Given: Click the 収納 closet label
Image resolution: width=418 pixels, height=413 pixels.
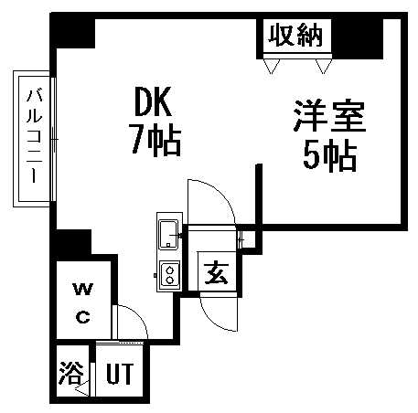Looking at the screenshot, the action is tap(295, 36).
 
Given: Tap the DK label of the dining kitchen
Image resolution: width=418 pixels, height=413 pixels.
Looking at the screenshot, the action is tap(153, 101).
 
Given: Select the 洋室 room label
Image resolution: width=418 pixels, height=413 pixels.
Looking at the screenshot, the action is tap(329, 117).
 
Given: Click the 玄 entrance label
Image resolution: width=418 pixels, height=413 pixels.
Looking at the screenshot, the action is tap(217, 273).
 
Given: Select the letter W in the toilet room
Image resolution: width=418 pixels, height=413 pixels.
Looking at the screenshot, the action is tap(83, 290).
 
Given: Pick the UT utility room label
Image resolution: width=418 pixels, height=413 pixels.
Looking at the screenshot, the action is tap(120, 374).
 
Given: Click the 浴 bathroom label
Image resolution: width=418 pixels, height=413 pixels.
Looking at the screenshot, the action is tap(71, 373).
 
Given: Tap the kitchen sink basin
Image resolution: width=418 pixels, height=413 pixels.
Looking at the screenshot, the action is tap(168, 234).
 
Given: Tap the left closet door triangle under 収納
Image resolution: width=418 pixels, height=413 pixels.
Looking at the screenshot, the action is tap(272, 66).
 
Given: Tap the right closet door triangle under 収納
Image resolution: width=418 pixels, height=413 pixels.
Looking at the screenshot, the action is tap(324, 66).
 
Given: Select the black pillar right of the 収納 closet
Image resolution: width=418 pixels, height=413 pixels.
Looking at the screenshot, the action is tap(358, 38).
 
